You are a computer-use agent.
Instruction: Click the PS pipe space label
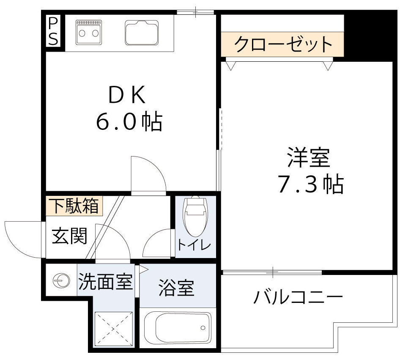[x=53, y=31]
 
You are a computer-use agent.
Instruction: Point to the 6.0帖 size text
[x=129, y=122]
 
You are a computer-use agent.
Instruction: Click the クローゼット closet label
[x=282, y=44]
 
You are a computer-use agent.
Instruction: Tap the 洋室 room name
[x=308, y=158]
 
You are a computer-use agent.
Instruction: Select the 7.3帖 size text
[x=310, y=184]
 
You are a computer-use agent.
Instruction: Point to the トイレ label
[x=194, y=245]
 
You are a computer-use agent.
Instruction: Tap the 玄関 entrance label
[x=69, y=236]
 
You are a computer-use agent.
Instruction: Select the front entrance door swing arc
[x=23, y=239]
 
